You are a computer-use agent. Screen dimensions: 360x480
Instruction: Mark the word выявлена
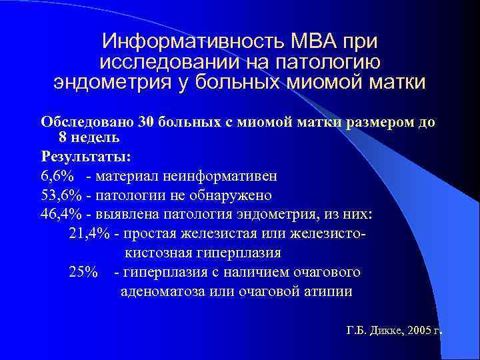pos(125,215)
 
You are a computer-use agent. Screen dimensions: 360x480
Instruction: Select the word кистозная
pos(155,253)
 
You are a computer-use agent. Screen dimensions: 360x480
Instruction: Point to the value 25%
pos(83,272)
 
